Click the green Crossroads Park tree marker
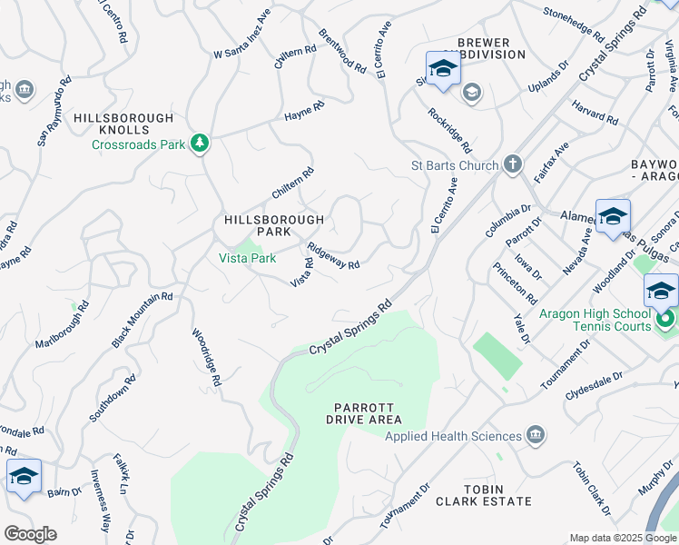coord(200,144)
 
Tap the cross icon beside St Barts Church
coord(513,165)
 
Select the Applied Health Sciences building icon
coord(536,436)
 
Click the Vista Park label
coord(247,258)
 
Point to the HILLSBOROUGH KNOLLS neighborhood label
coord(123,124)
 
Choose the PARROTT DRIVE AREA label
coord(364,412)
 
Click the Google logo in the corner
coord(30,534)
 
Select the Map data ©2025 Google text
coord(623,538)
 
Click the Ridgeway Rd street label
coord(333,255)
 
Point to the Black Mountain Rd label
coord(142,320)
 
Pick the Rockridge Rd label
coord(450,131)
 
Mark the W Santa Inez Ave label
coord(242,35)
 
